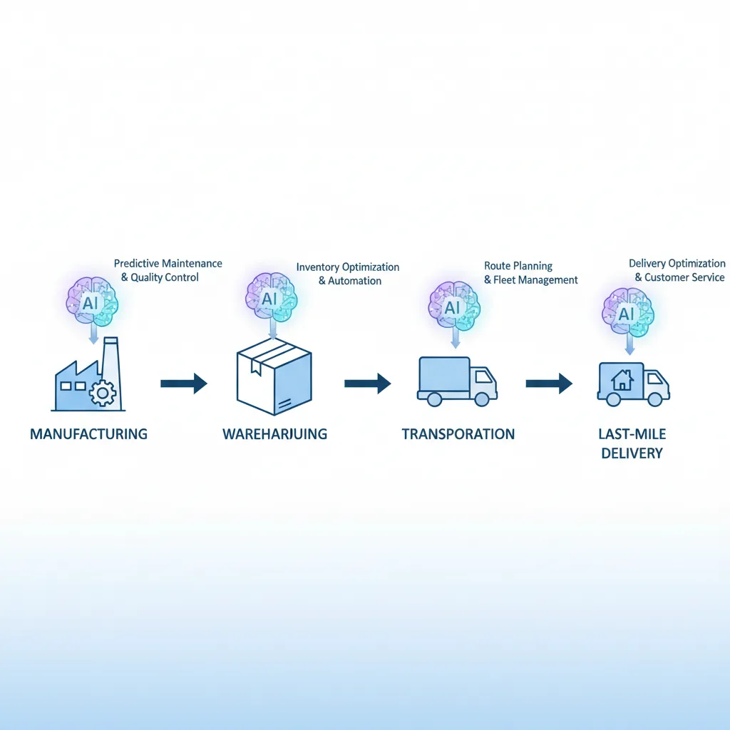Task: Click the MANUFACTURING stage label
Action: pos(88,433)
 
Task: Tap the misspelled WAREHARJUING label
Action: pos(274,433)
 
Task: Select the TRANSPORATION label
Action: pos(458,433)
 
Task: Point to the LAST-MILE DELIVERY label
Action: pos(632,443)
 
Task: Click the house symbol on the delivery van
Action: pos(622,381)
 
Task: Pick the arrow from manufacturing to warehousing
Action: pos(183,384)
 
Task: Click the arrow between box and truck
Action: pos(367,384)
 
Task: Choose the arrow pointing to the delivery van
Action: pos(549,384)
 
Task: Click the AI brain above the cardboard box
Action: pos(271,299)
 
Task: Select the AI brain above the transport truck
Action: pos(453,308)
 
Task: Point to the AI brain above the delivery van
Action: pos(628,312)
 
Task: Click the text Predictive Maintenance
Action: pos(168,264)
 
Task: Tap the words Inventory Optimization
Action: pos(348,267)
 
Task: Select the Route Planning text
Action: pos(518,266)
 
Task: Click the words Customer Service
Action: pos(684,277)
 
